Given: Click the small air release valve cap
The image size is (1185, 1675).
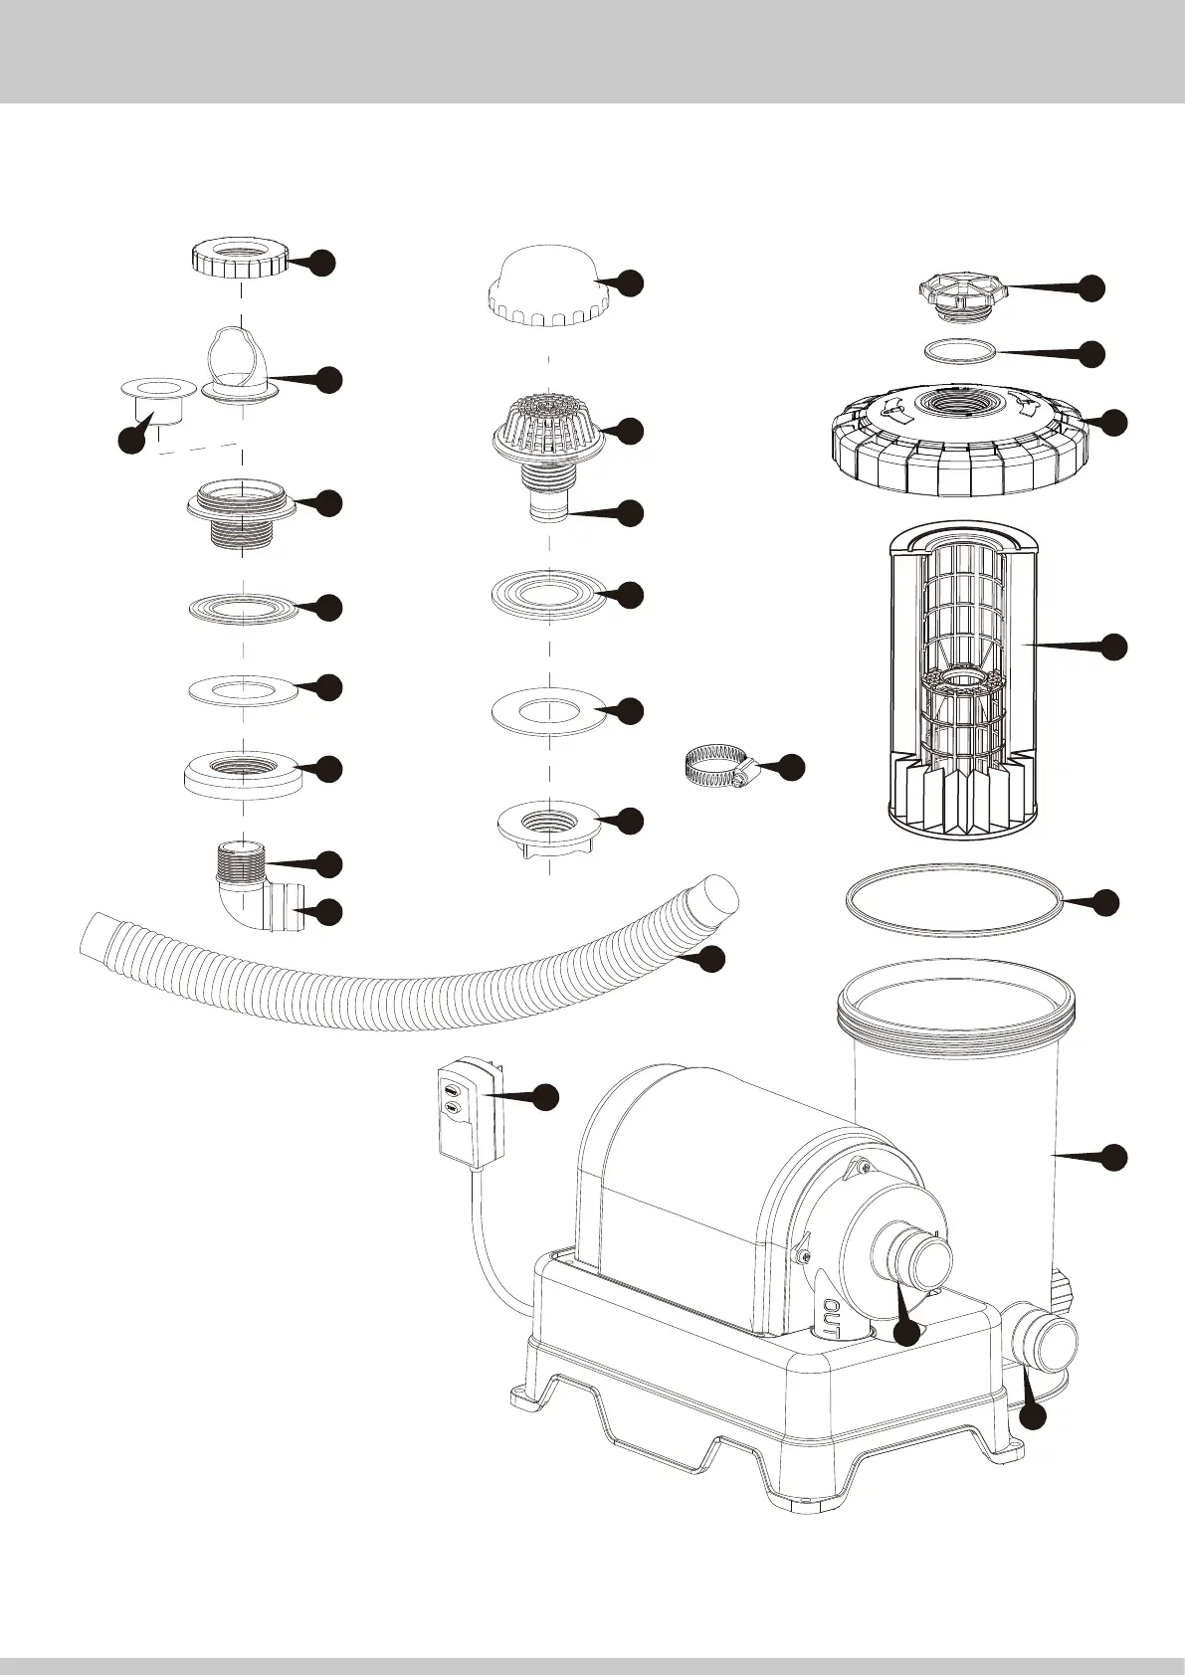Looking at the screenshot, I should coord(961,295).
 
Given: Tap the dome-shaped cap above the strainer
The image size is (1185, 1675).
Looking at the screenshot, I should coord(547,288).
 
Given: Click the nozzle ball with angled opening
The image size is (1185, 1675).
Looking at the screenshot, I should coord(239,362).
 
